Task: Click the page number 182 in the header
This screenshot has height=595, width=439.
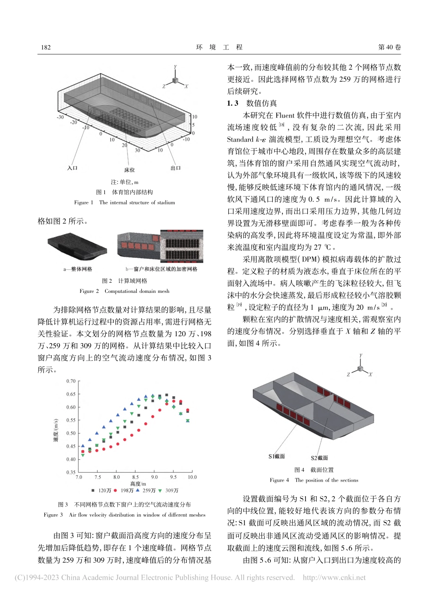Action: pos(45,47)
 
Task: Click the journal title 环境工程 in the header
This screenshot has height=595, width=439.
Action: pos(219,47)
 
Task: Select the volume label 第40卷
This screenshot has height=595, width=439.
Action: pos(390,47)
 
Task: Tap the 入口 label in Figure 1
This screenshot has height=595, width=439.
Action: pos(72,168)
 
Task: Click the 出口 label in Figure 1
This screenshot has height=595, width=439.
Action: pos(176,168)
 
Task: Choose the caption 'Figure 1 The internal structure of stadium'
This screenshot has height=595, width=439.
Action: pos(124,202)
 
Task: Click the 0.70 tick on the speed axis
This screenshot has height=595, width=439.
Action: pos(70,381)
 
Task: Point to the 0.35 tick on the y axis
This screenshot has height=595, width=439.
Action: pos(70,472)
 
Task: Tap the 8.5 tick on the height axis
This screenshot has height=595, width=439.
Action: pos(135,477)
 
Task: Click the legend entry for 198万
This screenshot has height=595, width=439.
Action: pos(124,490)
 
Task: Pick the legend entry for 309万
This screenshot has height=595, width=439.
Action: pos(169,490)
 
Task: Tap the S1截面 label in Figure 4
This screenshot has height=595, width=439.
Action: pos(277,456)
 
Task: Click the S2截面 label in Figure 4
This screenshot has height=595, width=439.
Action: pos(319,458)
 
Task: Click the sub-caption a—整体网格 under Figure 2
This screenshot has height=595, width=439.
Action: pos(78,269)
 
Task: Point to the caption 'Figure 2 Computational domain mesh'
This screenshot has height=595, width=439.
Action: pos(124,291)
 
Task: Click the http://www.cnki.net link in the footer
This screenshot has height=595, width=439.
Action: pos(334,577)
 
